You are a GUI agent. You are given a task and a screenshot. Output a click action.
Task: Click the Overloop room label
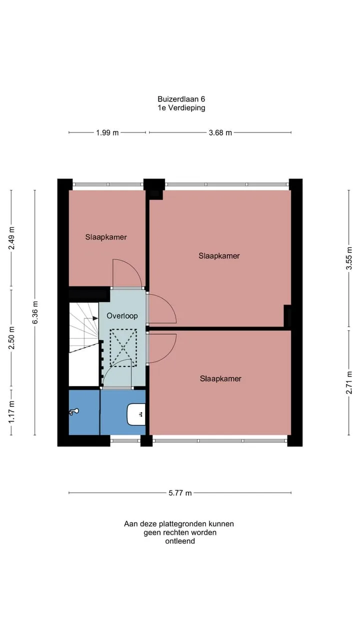coord(122,315)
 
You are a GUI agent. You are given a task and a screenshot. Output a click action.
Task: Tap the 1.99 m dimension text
coord(107,132)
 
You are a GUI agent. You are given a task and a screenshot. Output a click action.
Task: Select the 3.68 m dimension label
coord(220,132)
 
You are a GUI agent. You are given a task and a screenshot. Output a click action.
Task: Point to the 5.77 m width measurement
coord(180,493)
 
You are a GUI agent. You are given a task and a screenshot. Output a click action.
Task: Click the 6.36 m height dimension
coord(35,312)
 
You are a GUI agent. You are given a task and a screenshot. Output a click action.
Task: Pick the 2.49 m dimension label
coord(11,238)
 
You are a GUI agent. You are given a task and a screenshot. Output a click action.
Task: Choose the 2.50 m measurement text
coord(11,338)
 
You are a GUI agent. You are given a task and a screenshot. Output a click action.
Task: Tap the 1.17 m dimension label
coord(11,412)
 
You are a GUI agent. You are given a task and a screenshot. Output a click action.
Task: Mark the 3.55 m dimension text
coord(349,258)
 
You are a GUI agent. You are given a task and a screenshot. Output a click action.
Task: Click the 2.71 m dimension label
coord(349,382)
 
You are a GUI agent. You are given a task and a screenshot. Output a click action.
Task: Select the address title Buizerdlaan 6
coord(181,99)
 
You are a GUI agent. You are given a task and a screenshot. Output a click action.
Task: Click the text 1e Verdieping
coord(181,108)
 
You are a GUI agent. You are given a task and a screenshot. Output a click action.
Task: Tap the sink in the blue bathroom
coord(136,414)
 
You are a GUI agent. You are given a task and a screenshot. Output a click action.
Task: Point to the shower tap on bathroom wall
coord(74,411)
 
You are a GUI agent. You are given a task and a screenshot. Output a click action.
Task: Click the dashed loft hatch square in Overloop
coord(123,347)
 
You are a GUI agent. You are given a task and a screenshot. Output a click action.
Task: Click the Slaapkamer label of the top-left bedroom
coord(106,237)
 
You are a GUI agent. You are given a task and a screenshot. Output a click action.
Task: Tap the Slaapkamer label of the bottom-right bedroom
coord(220,378)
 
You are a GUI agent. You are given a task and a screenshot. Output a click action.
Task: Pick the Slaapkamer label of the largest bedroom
coord(219,255)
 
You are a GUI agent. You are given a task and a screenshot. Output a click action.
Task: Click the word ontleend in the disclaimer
coord(180,541)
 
